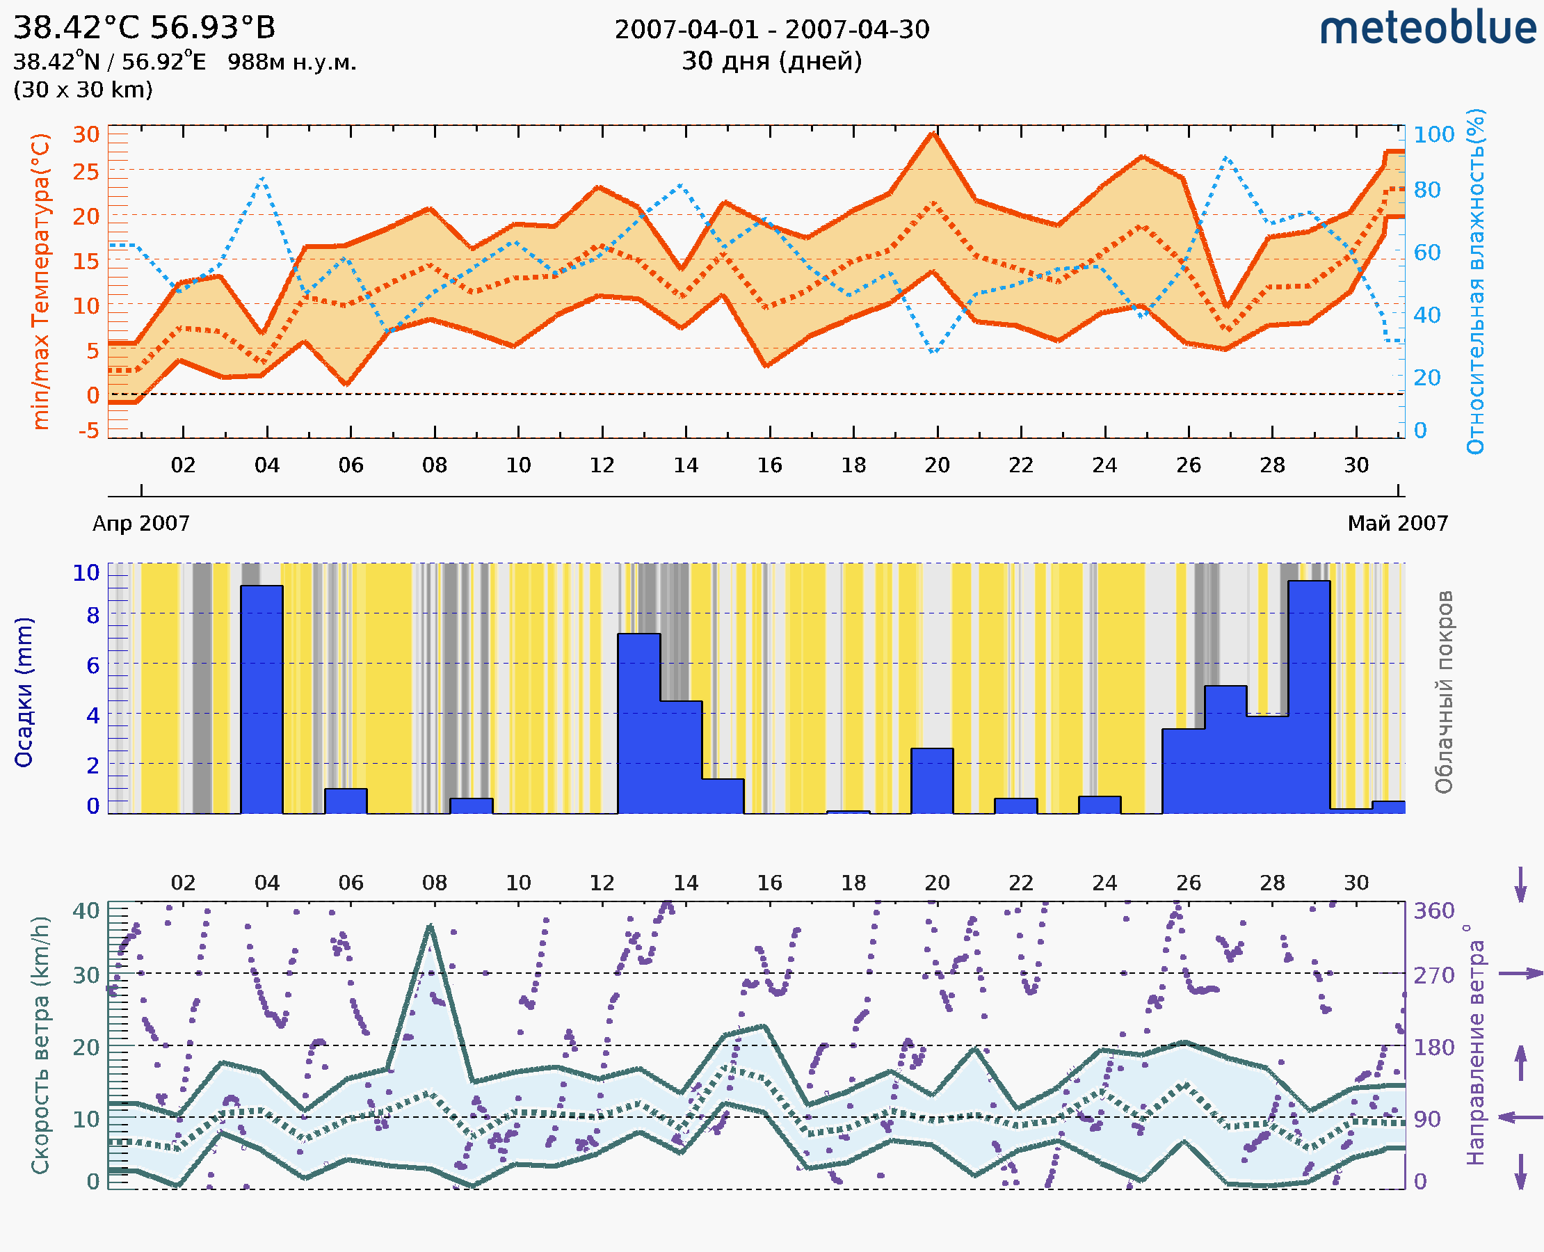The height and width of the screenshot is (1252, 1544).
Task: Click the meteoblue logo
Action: click(1427, 29)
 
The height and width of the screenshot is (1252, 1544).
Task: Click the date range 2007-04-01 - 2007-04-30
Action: click(771, 30)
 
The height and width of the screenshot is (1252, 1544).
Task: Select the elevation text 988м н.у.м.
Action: click(292, 62)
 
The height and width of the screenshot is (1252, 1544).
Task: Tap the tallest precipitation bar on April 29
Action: click(1309, 696)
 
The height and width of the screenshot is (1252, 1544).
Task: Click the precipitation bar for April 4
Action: click(262, 699)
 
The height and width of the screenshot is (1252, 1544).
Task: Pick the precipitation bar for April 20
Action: click(932, 781)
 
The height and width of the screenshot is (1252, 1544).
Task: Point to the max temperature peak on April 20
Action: click(933, 134)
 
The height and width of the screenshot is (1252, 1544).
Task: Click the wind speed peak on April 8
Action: click(431, 926)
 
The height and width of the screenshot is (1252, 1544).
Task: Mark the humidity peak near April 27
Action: click(1226, 157)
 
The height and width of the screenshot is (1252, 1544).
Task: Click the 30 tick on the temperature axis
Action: click(86, 134)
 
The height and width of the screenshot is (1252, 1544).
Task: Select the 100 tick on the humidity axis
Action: click(1433, 134)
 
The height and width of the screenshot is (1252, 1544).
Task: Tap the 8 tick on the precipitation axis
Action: click(93, 615)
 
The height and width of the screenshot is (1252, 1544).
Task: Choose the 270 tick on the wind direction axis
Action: click(1433, 975)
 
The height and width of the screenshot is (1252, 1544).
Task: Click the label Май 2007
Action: click(1398, 523)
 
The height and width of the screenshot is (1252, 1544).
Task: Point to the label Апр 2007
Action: click(141, 523)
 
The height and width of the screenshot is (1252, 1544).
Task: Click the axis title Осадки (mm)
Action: click(24, 692)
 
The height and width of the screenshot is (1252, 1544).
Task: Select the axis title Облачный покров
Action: click(1444, 692)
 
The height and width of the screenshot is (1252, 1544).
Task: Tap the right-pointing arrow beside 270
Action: click(1520, 974)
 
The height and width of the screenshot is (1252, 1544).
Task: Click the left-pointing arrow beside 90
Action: click(1520, 1118)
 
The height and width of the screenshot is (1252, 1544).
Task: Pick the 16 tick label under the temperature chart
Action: click(769, 465)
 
